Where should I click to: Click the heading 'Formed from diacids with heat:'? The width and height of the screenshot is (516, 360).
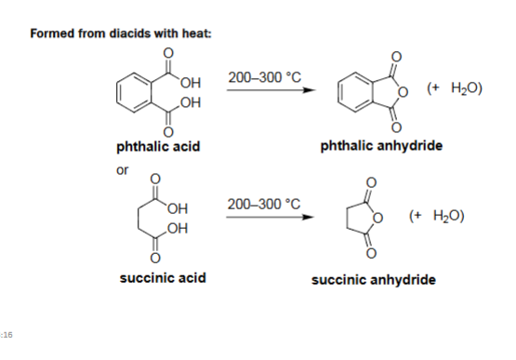pyautogui.click(x=121, y=33)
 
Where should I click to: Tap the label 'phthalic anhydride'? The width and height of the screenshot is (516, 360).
pyautogui.click(x=381, y=146)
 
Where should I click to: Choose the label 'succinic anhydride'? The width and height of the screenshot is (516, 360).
pyautogui.click(x=374, y=279)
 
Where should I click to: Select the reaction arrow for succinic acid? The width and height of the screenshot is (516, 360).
pyautogui.click(x=265, y=220)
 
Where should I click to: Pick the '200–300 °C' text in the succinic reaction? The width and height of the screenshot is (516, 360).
pyautogui.click(x=265, y=204)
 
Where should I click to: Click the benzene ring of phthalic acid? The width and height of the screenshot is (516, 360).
pyautogui.click(x=133, y=90)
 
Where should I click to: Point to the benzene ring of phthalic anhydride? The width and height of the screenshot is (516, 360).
pyautogui.click(x=359, y=90)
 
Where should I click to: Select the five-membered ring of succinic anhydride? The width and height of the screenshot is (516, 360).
pyautogui.click(x=361, y=219)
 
